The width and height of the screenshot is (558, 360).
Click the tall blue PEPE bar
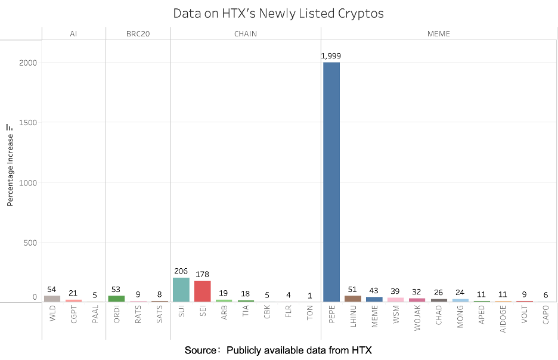click(x=331, y=182)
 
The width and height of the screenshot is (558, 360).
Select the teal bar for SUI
click(x=181, y=290)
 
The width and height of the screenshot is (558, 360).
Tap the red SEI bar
click(x=203, y=291)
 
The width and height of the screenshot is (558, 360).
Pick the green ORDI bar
click(x=116, y=299)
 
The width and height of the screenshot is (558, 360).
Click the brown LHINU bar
click(x=353, y=299)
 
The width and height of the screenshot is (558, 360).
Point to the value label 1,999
click(x=331, y=56)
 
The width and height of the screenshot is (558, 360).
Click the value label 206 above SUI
click(x=181, y=271)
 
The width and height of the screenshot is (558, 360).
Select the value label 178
click(x=203, y=275)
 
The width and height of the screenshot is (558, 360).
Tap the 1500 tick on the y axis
click(x=28, y=123)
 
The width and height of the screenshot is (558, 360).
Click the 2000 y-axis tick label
click(x=28, y=63)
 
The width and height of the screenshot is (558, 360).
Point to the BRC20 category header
click(x=138, y=34)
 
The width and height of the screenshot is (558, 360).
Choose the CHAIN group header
click(x=245, y=34)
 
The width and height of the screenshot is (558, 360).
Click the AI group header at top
click(x=73, y=34)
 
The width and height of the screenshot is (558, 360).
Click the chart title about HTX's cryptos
click(x=278, y=13)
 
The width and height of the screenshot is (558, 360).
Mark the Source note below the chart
click(x=278, y=350)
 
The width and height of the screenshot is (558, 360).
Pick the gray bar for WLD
click(x=52, y=299)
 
